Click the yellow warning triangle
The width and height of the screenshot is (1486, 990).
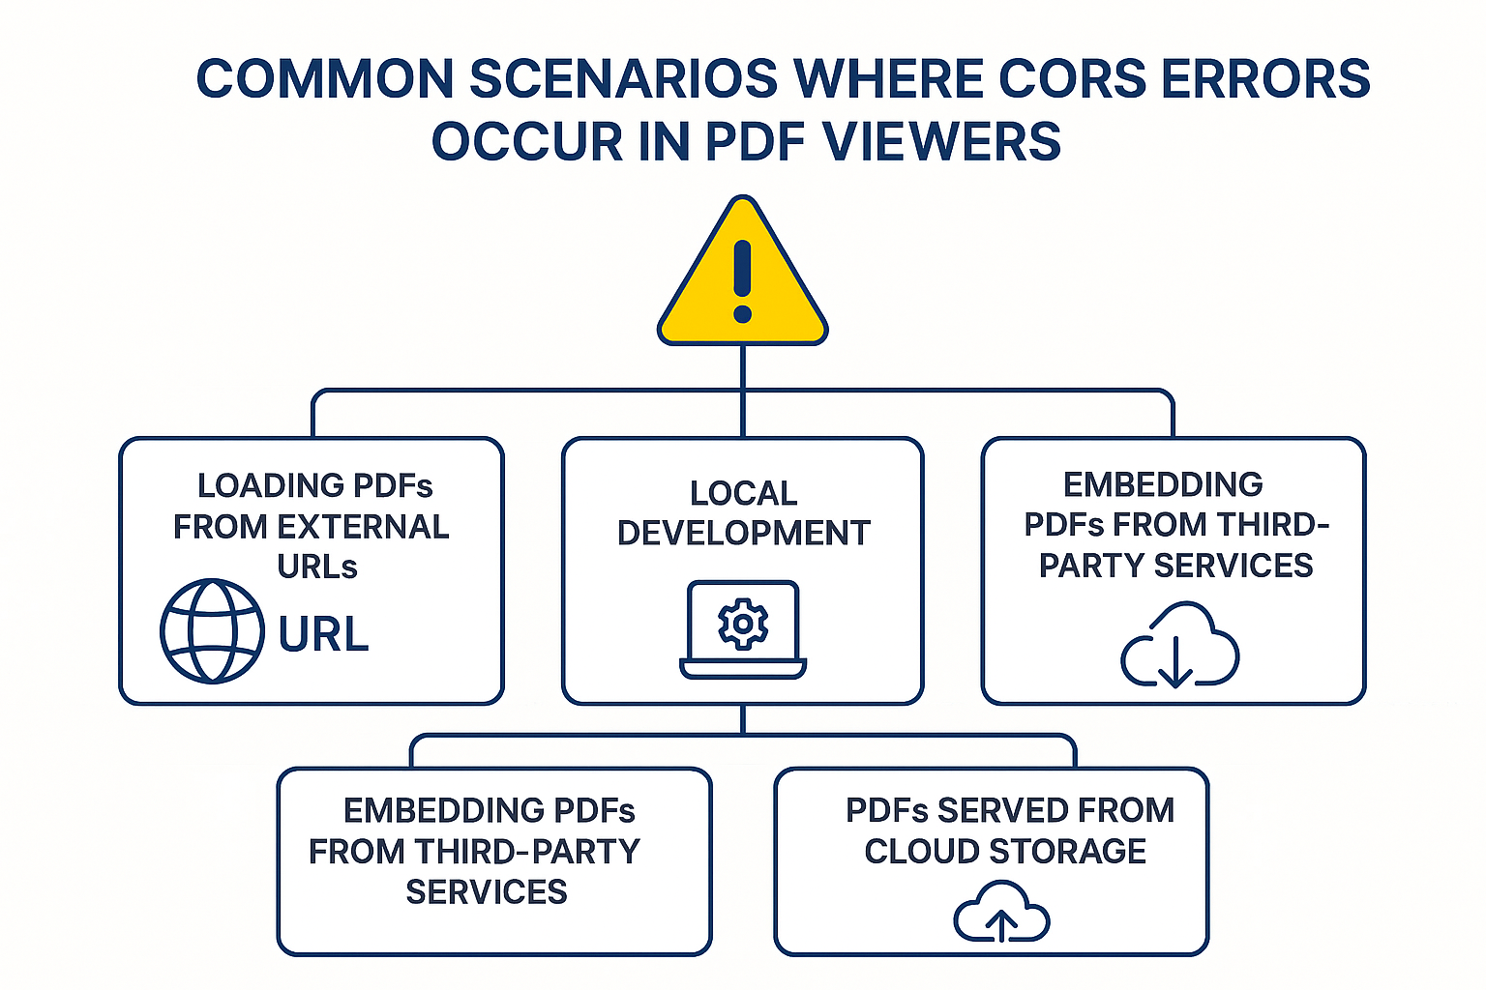pos(742,280)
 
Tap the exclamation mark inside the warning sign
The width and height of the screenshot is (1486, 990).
pos(742,280)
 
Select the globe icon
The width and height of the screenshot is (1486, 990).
pos(212,631)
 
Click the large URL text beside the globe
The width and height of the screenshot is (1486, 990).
pos(323,635)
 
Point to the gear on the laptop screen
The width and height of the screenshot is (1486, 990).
pos(743,624)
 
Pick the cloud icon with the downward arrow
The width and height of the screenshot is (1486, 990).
pos(1179,645)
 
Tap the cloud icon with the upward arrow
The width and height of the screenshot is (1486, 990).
pos(1001,912)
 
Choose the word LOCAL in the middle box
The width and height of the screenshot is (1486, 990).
pos(743,493)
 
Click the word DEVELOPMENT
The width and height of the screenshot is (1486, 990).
pos(743,533)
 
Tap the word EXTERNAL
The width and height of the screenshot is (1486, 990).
pos(363,527)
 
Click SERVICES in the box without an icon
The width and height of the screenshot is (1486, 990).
pos(487,892)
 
